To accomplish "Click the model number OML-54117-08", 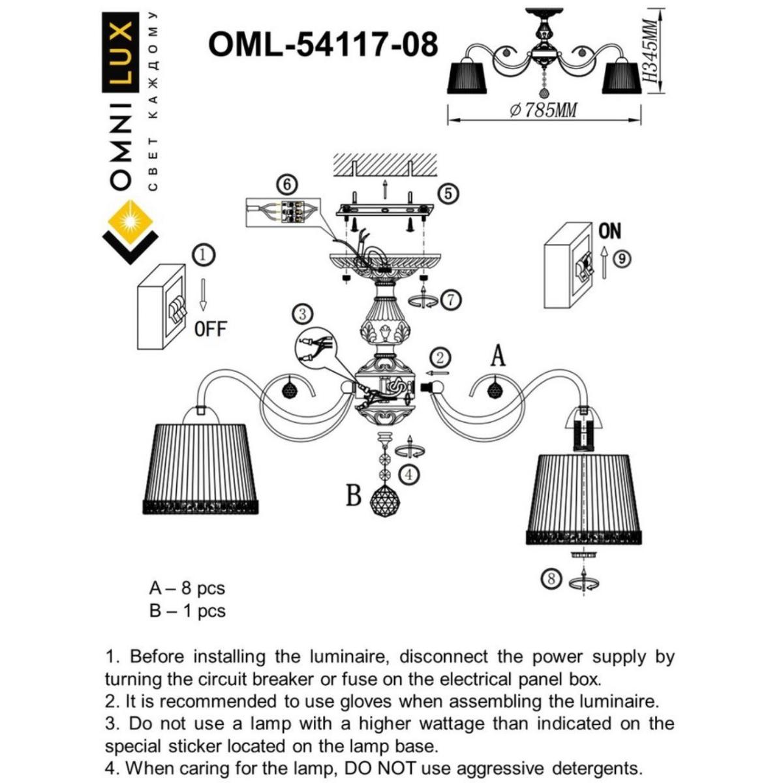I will (x=322, y=45).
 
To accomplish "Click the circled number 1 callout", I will (x=205, y=254).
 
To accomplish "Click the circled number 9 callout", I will (x=622, y=259).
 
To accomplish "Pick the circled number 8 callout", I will (x=552, y=579).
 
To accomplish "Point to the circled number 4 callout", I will (x=408, y=474).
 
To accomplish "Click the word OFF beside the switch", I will (x=210, y=329).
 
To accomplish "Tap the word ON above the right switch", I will (x=609, y=231).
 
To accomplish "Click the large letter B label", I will (x=353, y=496).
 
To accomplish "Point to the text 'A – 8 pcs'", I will (x=187, y=588).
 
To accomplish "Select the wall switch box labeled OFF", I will (x=162, y=306).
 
